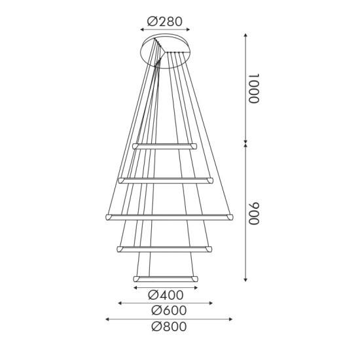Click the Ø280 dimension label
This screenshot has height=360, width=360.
(x=165, y=22)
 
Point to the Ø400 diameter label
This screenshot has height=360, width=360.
(x=165, y=295)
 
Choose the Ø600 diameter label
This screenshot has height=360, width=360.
(x=168, y=310)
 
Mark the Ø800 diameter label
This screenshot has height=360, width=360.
(x=168, y=327)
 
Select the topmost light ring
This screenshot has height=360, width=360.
(x=165, y=145)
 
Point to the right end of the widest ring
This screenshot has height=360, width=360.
(x=229, y=216)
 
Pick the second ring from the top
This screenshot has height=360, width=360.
(x=165, y=179)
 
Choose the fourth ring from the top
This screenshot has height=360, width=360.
(x=165, y=247)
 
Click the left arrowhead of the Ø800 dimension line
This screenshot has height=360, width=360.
(x=107, y=319)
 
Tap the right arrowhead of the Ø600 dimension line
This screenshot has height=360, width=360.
(x=212, y=303)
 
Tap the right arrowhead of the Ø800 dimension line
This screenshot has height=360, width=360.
(x=232, y=319)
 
